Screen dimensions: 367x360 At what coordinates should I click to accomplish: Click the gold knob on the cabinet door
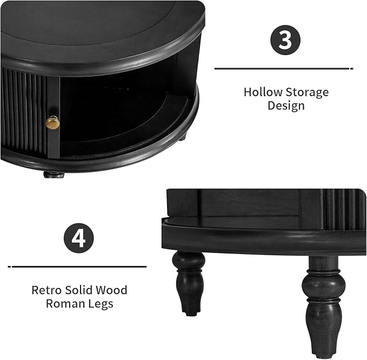click(52, 122)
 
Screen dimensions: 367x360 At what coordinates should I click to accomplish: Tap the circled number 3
click(285, 40)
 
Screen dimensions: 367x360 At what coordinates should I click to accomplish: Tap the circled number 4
click(79, 238)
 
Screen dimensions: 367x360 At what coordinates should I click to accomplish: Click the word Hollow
click(263, 92)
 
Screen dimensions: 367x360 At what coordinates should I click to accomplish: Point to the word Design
click(286, 105)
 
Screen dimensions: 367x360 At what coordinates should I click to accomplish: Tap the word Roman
click(65, 304)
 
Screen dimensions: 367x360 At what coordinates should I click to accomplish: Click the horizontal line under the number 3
click(284, 69)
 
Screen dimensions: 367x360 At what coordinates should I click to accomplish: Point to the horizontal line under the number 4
click(77, 266)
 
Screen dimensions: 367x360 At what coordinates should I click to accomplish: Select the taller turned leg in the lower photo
click(323, 304)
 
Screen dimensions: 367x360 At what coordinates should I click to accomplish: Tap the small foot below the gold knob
click(54, 175)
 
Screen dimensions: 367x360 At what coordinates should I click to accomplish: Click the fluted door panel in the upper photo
click(23, 112)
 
